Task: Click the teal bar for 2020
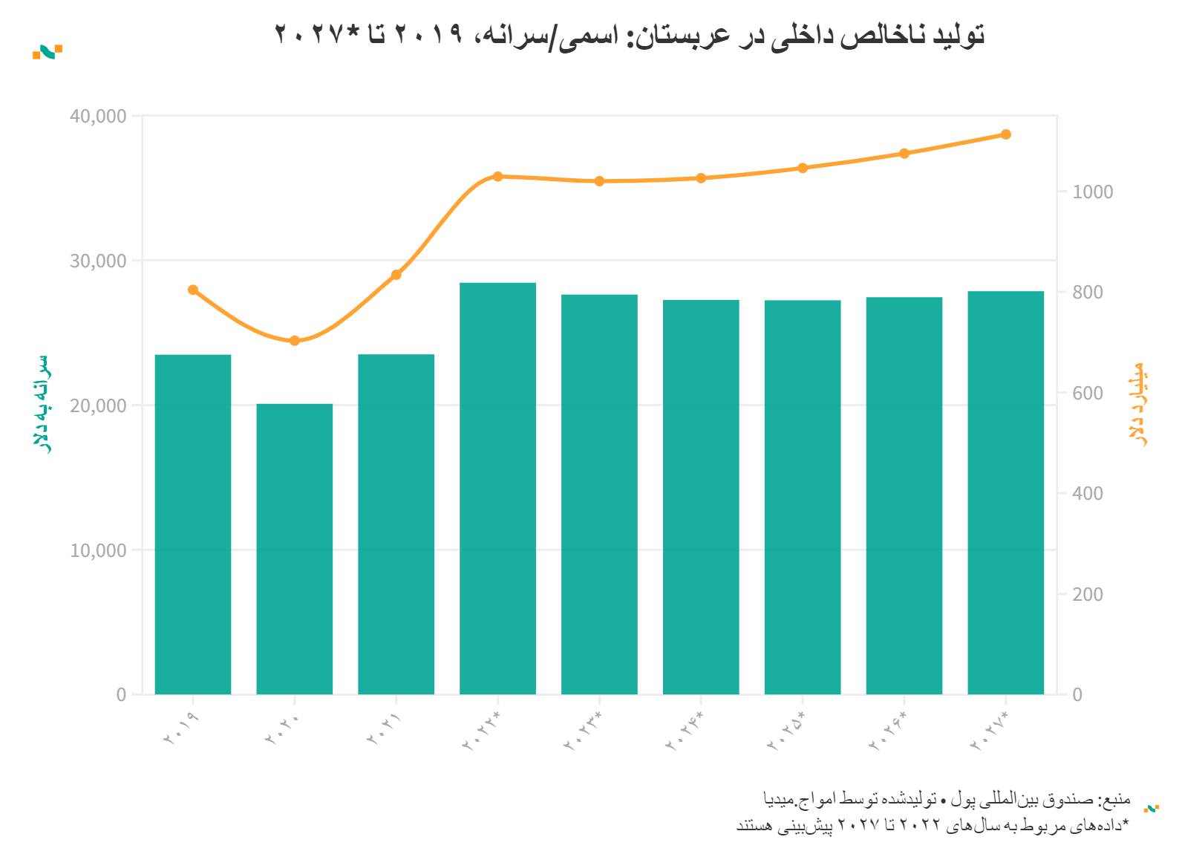pos(295,550)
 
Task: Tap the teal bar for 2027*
pos(1005,493)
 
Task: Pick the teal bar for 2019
pos(193,524)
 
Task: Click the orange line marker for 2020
pos(295,341)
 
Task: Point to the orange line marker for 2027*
pos(1005,134)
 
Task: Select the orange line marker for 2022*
pos(497,177)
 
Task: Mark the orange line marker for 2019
pos(193,290)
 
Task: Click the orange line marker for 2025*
pos(803,168)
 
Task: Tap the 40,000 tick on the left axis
pos(98,117)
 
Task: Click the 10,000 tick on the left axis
pos(98,550)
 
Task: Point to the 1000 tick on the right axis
pos(1093,192)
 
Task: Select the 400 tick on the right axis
pos(1088,493)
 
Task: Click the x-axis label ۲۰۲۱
pos(384,728)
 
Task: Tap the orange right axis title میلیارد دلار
pos(1137,404)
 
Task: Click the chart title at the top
pos(630,34)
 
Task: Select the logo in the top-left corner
pos(47,52)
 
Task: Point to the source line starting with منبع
pos(947,799)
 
